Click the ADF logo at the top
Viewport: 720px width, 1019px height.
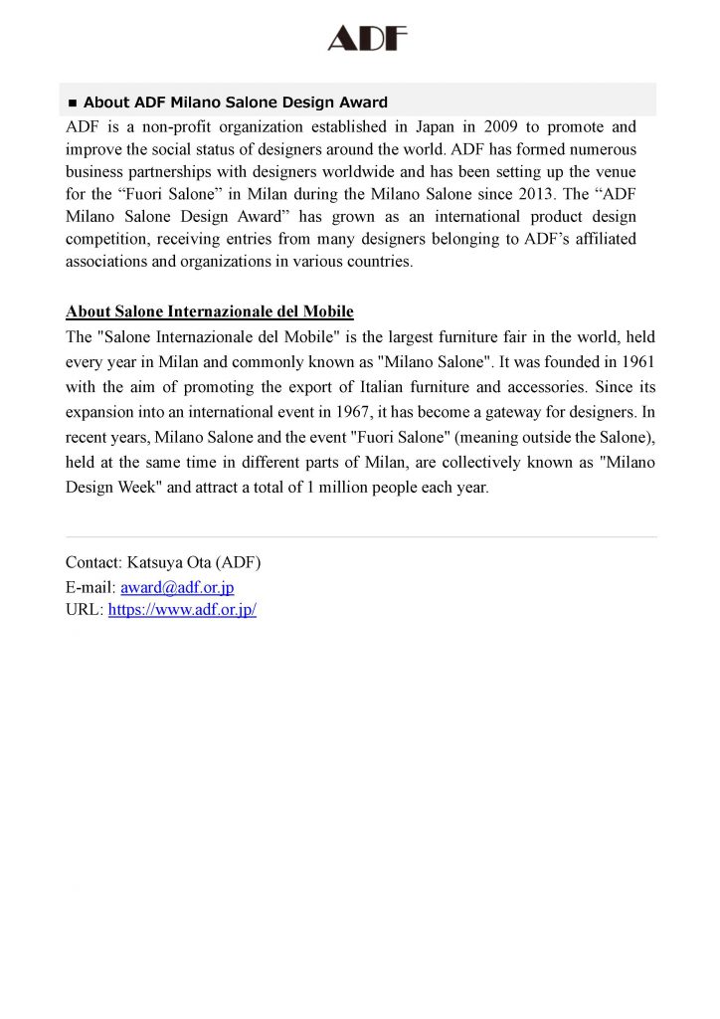pyautogui.click(x=368, y=39)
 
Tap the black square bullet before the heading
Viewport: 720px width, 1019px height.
pyautogui.click(x=72, y=103)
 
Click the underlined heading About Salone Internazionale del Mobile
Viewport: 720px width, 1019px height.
pyautogui.click(x=209, y=311)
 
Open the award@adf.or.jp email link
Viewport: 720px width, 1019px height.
pyautogui.click(x=177, y=587)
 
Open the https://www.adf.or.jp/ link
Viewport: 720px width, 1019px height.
pyautogui.click(x=182, y=610)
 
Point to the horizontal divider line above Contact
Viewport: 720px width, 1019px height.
pyautogui.click(x=360, y=537)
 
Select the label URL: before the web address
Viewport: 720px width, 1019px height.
pyautogui.click(x=85, y=610)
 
